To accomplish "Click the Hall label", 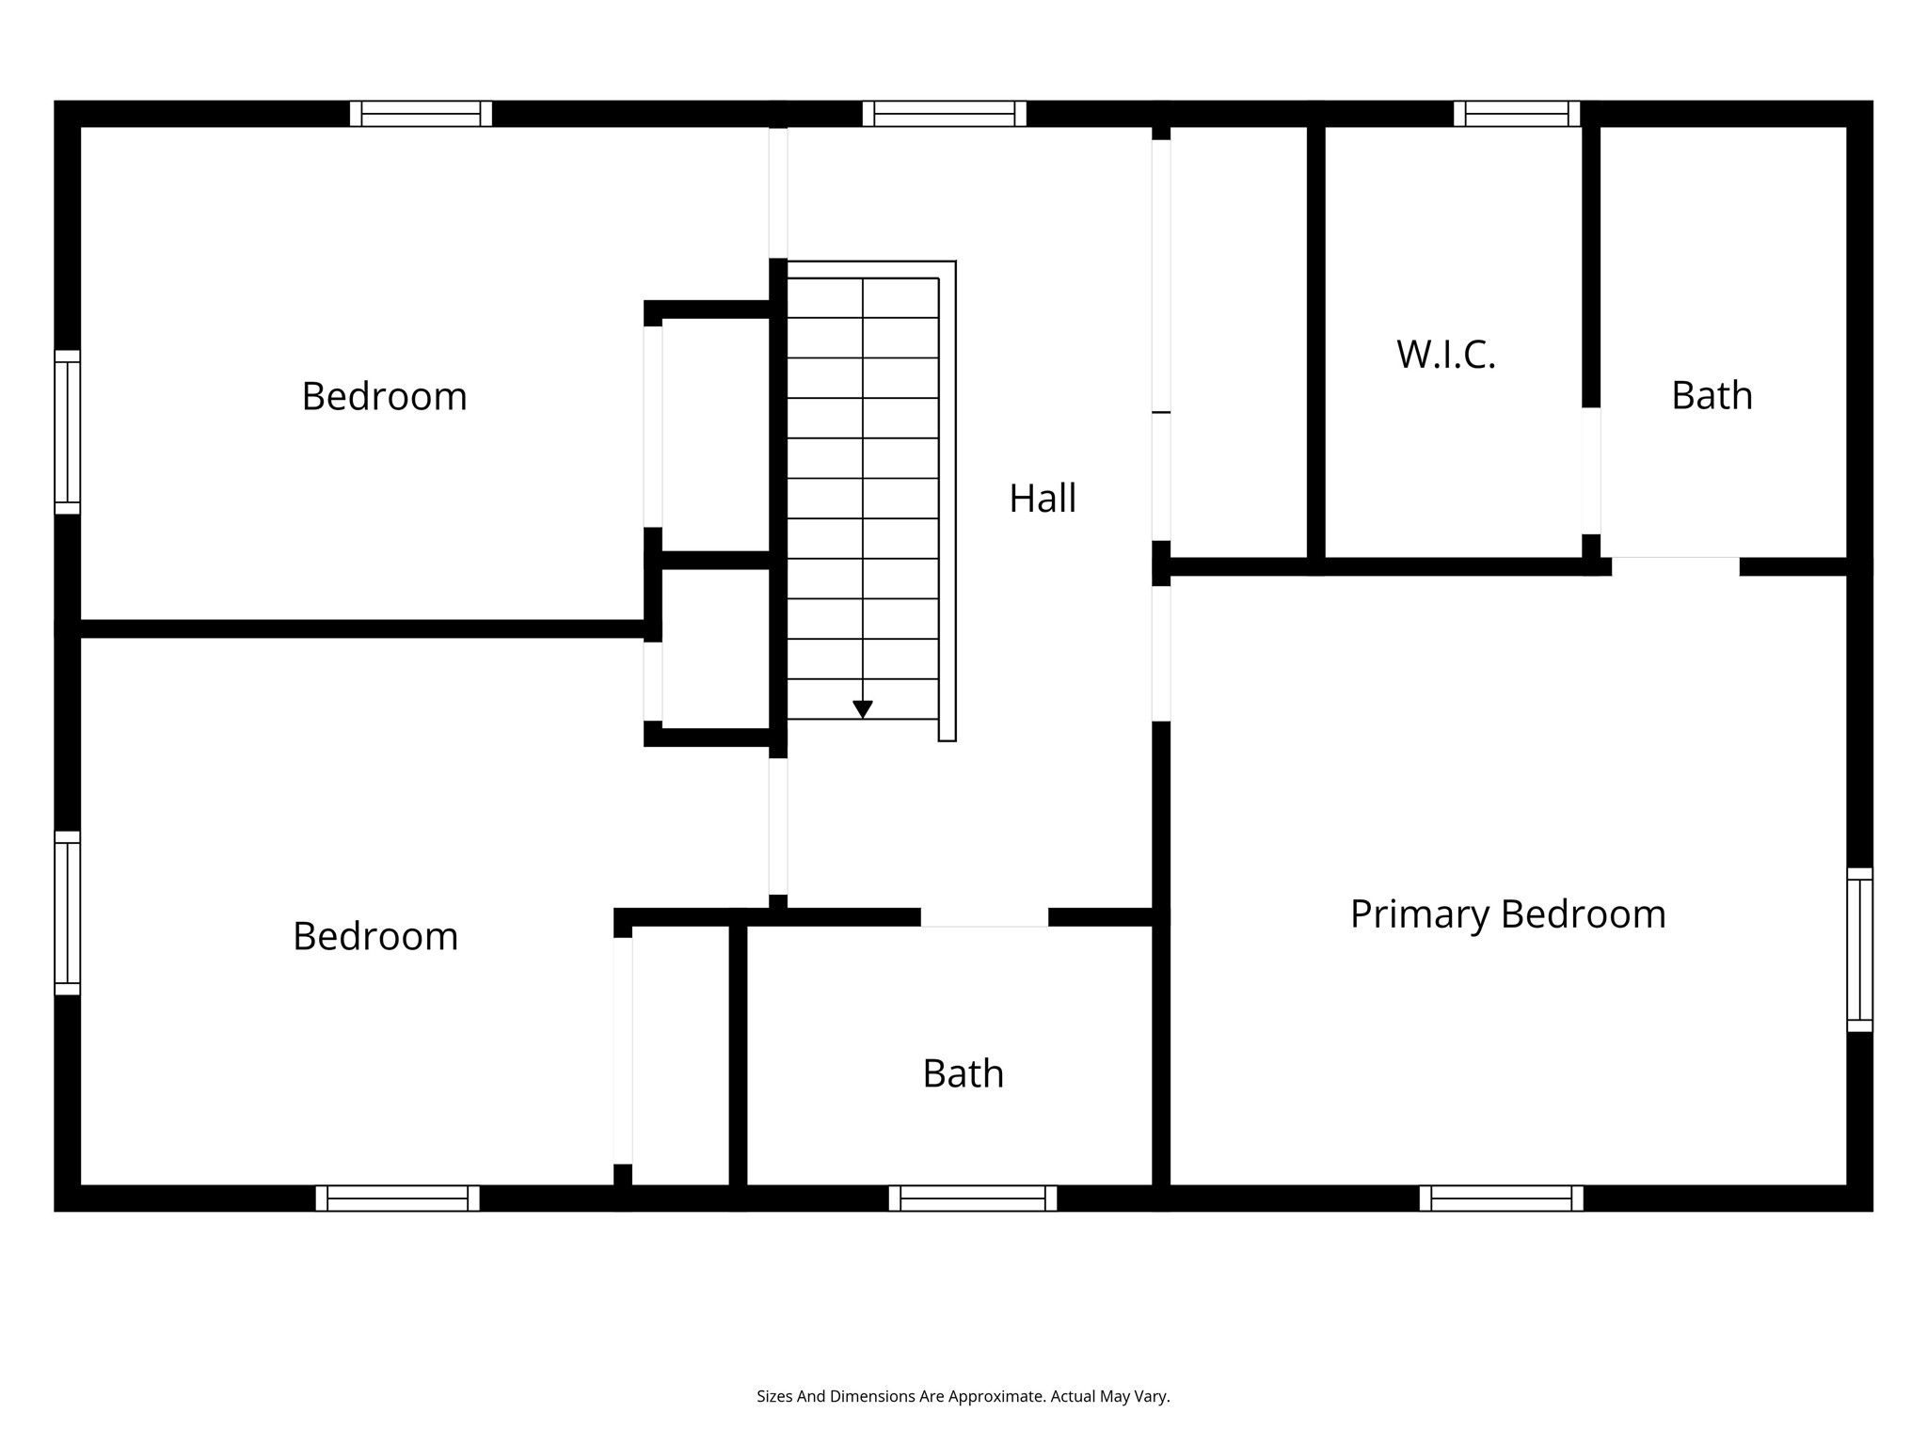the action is click(1043, 499).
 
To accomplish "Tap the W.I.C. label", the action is click(1446, 355).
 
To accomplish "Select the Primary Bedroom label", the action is click(1508, 914).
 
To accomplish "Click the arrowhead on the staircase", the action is click(863, 710).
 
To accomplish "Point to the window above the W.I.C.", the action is click(1517, 114).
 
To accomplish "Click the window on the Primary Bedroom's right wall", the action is click(1860, 950).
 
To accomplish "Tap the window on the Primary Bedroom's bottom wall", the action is click(1502, 1199).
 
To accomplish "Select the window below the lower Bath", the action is click(973, 1199).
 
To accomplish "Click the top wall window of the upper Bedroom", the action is click(422, 114).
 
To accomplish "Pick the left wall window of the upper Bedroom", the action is click(68, 433).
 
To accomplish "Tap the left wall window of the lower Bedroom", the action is click(68, 913).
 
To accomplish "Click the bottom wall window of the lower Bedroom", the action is click(398, 1199).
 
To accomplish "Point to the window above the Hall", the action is click(945, 114).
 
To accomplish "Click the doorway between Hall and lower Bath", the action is click(984, 917).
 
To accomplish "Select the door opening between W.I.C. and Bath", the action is click(1591, 471).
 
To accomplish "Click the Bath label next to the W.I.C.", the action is click(1712, 396).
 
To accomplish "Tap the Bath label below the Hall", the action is click(963, 1074).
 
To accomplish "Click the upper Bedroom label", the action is click(385, 397).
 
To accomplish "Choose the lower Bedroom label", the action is click(375, 937).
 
